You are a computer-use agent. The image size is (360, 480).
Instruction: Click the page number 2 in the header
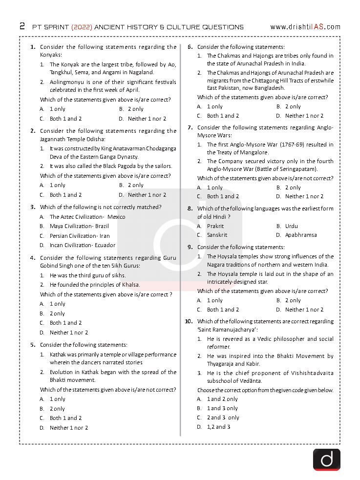tap(22, 26)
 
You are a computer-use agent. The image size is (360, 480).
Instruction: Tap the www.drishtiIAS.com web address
tap(305, 27)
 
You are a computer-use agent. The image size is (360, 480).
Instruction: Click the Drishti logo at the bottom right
tap(326, 459)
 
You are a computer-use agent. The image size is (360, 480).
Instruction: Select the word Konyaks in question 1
tap(51, 56)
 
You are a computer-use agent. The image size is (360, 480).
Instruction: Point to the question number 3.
tap(33, 207)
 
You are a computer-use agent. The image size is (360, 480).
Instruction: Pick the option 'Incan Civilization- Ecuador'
tap(83, 245)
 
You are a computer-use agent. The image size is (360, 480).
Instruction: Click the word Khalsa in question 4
tap(130, 285)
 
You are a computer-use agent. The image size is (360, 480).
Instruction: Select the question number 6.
tap(190, 47)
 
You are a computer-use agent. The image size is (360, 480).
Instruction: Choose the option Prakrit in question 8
tap(215, 226)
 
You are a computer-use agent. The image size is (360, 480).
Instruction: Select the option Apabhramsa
tap(301, 235)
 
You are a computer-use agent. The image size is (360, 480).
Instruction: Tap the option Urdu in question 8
tap(291, 226)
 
